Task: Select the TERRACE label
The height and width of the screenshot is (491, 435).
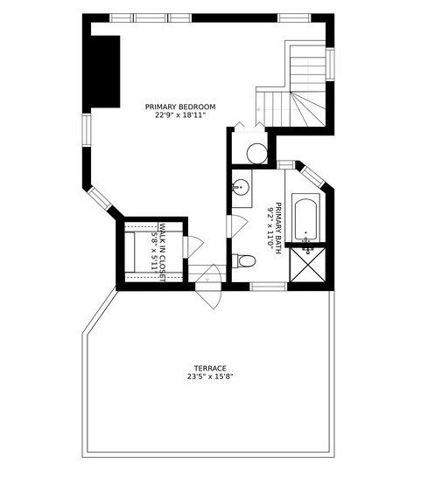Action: tap(210, 368)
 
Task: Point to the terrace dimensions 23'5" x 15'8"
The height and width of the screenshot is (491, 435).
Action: tap(210, 377)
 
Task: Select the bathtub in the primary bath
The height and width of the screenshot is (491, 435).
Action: tap(305, 219)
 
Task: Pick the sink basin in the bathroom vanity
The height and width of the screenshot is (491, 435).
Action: tap(242, 186)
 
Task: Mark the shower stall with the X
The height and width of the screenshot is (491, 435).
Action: tap(309, 266)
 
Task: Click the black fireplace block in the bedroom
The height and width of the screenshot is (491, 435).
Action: tap(105, 72)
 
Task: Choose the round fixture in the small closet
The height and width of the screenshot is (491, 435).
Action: tap(256, 155)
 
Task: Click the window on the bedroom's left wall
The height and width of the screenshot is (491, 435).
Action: tap(87, 128)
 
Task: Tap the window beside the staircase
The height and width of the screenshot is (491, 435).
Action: tap(330, 63)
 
